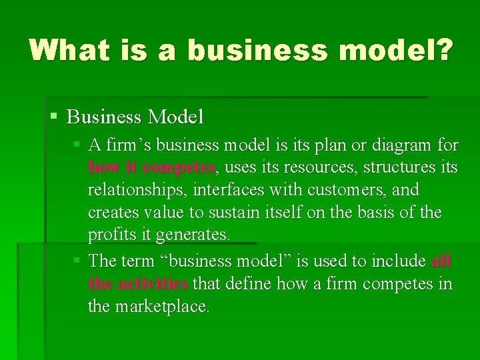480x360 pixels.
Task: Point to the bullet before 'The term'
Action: [x=77, y=260]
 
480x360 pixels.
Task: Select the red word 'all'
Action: [x=441, y=260]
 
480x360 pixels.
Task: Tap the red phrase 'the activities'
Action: [x=137, y=283]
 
